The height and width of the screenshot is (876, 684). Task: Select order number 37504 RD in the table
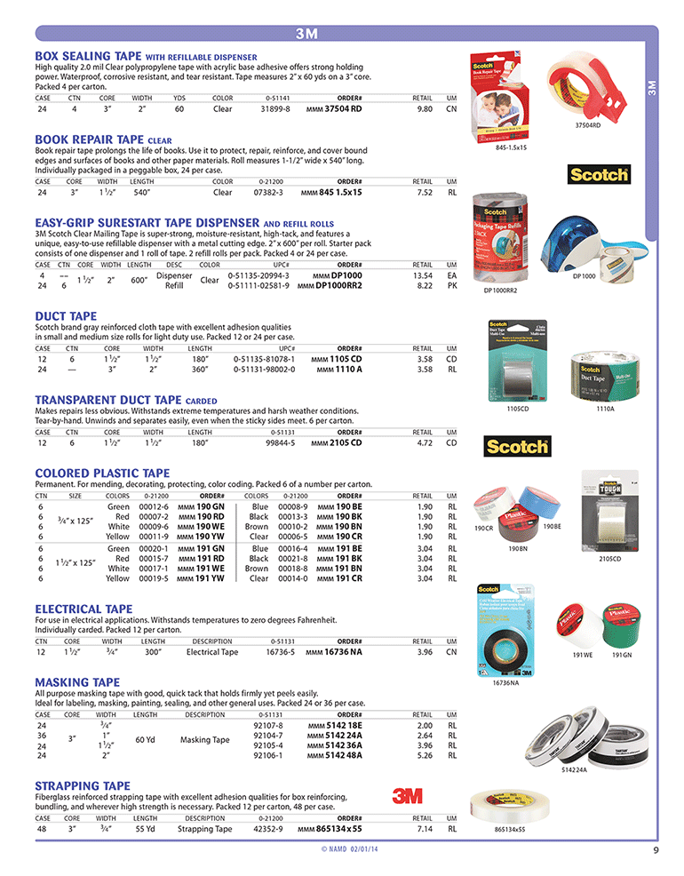click(x=343, y=108)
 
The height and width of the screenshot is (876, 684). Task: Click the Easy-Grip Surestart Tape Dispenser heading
click(x=147, y=223)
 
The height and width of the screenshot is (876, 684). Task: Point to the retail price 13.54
click(x=424, y=275)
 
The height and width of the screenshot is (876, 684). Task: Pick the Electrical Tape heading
click(x=84, y=609)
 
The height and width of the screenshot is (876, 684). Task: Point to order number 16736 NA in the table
click(x=342, y=651)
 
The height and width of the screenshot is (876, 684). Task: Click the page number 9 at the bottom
click(x=655, y=848)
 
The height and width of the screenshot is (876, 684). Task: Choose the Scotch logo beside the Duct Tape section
click(x=516, y=444)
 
